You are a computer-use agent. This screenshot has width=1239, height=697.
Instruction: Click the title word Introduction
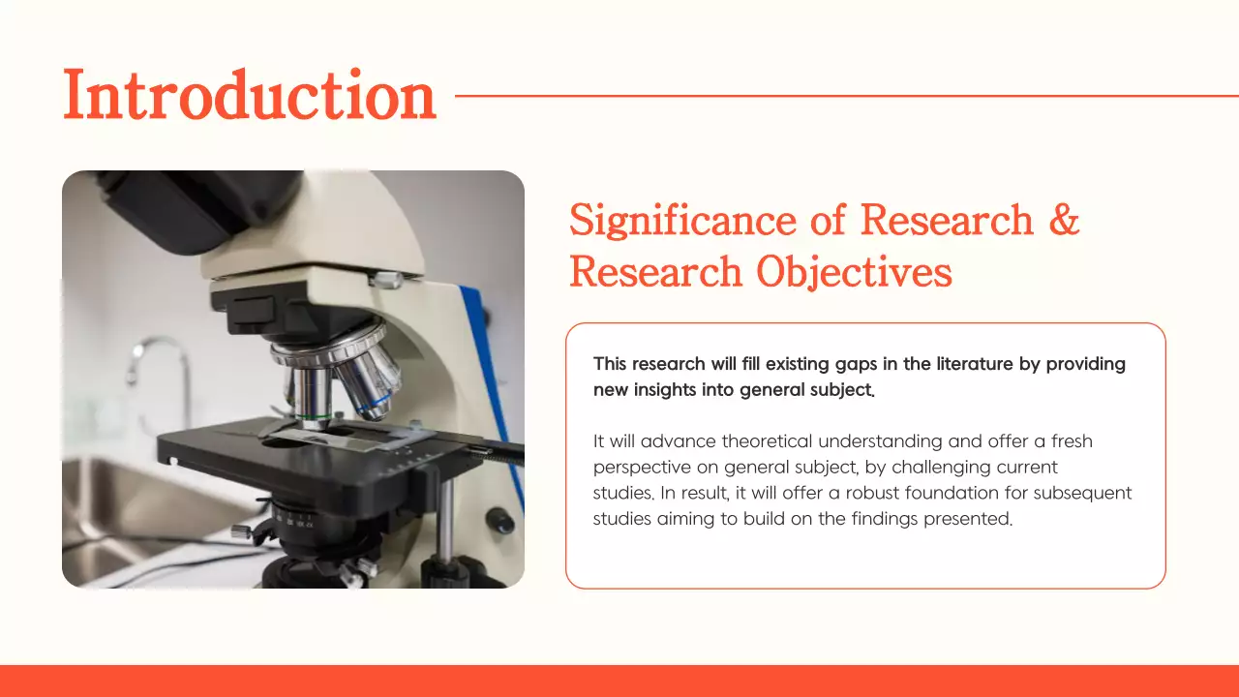[x=250, y=96]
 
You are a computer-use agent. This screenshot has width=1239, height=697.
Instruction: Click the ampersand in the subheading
[x=1064, y=220]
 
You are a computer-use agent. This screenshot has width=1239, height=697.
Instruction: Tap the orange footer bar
[x=619, y=681]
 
